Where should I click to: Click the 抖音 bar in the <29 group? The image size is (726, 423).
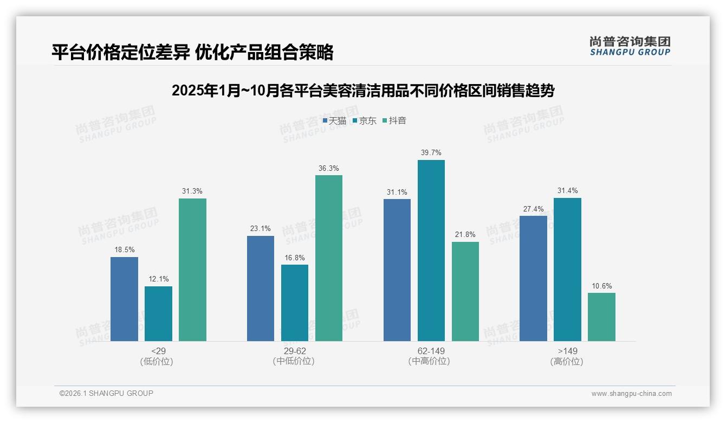192,270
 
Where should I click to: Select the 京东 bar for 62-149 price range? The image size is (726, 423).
431,250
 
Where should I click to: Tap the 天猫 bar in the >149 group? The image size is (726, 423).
533,278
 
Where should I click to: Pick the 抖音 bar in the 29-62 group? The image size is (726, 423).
329,258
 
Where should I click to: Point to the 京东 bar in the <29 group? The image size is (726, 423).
158,313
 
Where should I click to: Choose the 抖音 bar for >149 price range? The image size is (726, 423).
601,317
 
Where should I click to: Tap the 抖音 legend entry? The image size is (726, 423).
394,121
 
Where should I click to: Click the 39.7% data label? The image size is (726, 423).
431,153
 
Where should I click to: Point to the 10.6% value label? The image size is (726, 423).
601,286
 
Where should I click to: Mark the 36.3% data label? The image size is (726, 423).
329,168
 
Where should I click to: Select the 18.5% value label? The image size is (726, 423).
124,250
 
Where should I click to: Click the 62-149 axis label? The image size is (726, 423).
431,351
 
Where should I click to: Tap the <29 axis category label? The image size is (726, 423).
158,351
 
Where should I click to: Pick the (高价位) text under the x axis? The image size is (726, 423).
567,362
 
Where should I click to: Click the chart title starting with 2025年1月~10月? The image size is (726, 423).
362,91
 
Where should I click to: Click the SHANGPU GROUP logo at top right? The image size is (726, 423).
630,46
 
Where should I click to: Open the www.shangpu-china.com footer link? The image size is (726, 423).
631,394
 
